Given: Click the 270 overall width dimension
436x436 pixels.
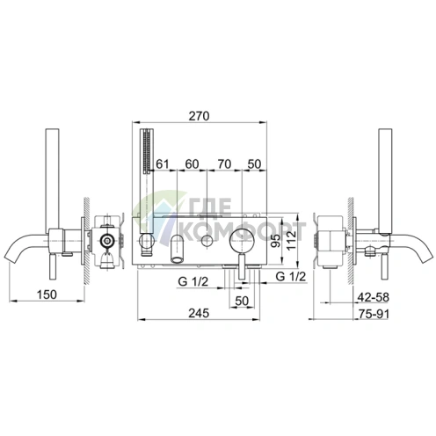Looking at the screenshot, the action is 199,116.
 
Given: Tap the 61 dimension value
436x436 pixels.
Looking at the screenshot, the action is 163,164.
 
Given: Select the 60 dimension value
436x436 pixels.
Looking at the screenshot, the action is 192,164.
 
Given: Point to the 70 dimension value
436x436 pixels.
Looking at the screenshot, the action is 224,164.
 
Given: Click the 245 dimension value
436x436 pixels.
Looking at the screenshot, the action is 199,313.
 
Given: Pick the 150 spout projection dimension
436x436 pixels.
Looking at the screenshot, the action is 47,294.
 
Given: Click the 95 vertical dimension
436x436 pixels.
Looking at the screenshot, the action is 275,240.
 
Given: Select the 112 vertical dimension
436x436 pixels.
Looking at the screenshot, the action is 292,240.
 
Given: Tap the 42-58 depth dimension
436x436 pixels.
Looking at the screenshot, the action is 374,297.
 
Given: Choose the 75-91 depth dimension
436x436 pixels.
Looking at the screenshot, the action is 374,314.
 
